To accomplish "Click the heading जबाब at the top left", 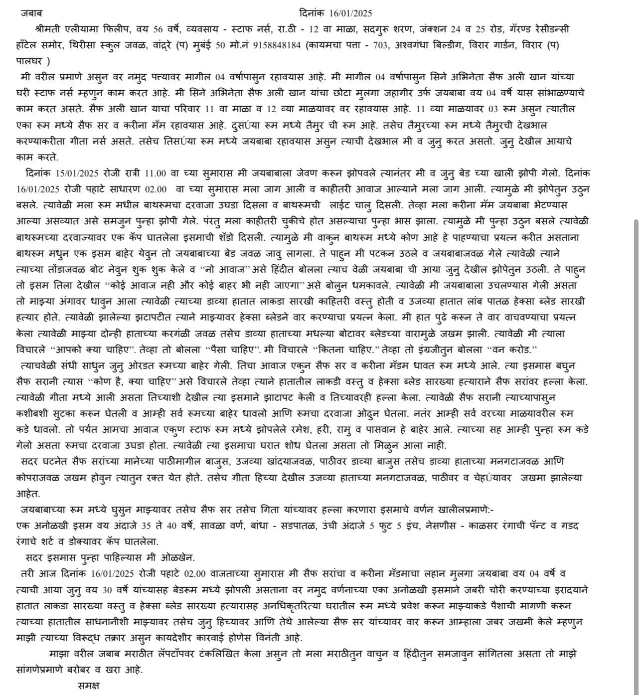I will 31,13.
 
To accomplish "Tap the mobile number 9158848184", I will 277,45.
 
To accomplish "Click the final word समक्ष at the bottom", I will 89,686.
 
